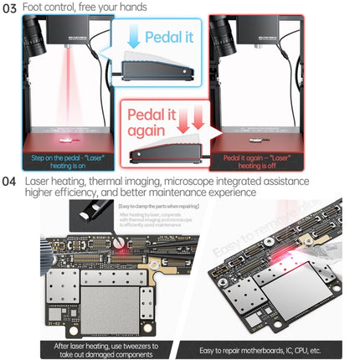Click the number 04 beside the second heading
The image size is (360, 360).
tap(9, 181)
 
